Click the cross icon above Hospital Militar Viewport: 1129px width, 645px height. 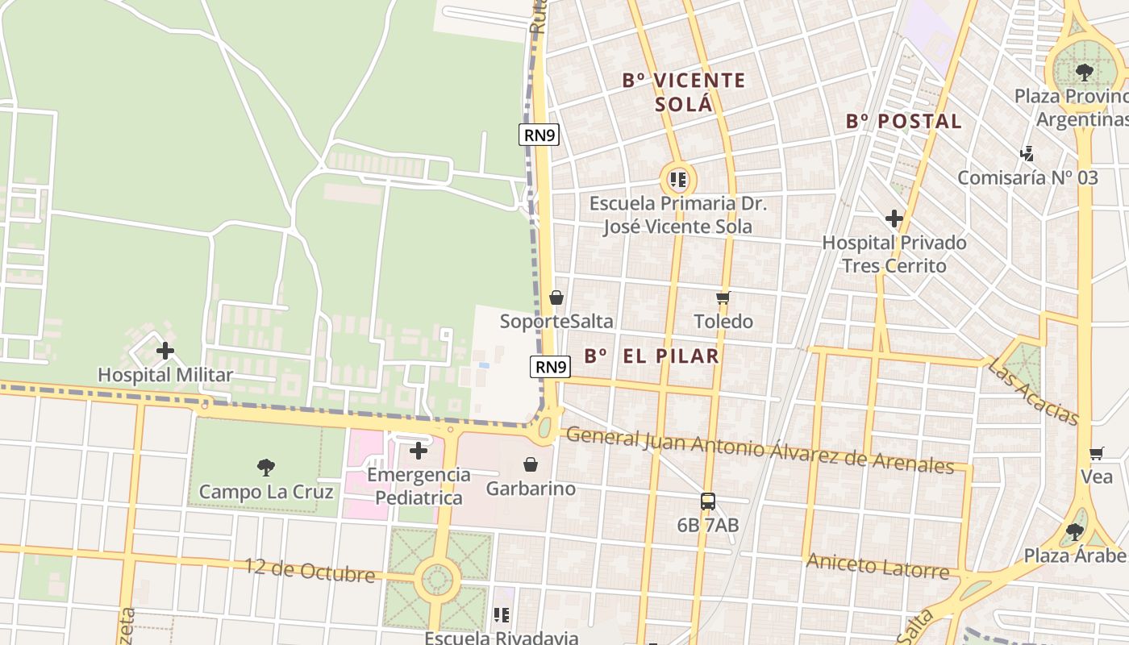coord(165,351)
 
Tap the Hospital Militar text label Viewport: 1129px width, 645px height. coord(165,375)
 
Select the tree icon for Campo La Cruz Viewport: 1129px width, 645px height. coord(265,467)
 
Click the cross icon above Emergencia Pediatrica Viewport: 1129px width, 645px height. coord(418,451)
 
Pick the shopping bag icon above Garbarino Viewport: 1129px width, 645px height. coord(531,464)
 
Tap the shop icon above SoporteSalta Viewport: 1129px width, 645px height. coord(556,298)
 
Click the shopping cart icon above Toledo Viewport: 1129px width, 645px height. coord(723,298)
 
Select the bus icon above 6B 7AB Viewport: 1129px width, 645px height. coord(707,501)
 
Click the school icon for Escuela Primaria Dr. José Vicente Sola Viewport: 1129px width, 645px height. coord(678,179)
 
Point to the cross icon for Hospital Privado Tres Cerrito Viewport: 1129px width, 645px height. coord(894,218)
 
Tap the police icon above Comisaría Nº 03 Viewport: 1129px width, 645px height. coord(1027,153)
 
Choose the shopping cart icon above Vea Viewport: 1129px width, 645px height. coord(1096,453)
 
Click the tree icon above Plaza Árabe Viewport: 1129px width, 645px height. coord(1074,531)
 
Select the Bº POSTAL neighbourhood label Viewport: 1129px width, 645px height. coord(904,122)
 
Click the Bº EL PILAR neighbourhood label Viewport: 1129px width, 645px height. coord(651,356)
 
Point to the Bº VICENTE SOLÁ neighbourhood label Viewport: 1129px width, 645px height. coord(684,92)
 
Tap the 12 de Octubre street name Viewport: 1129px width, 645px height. coord(310,571)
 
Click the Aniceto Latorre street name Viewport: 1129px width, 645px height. coord(877,566)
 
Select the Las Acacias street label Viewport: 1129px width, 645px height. coord(1033,392)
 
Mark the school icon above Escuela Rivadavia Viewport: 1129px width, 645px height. coord(502,615)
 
